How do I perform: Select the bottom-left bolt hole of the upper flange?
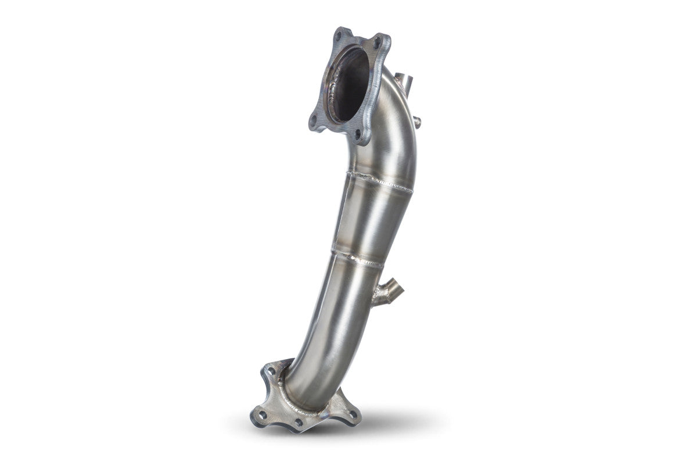[314, 120]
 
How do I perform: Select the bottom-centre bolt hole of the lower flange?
[297, 423]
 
